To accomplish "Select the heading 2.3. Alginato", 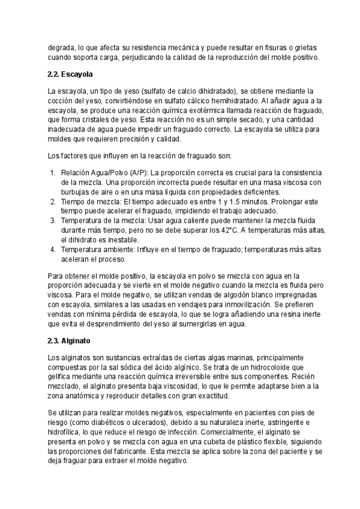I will [68, 340].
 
